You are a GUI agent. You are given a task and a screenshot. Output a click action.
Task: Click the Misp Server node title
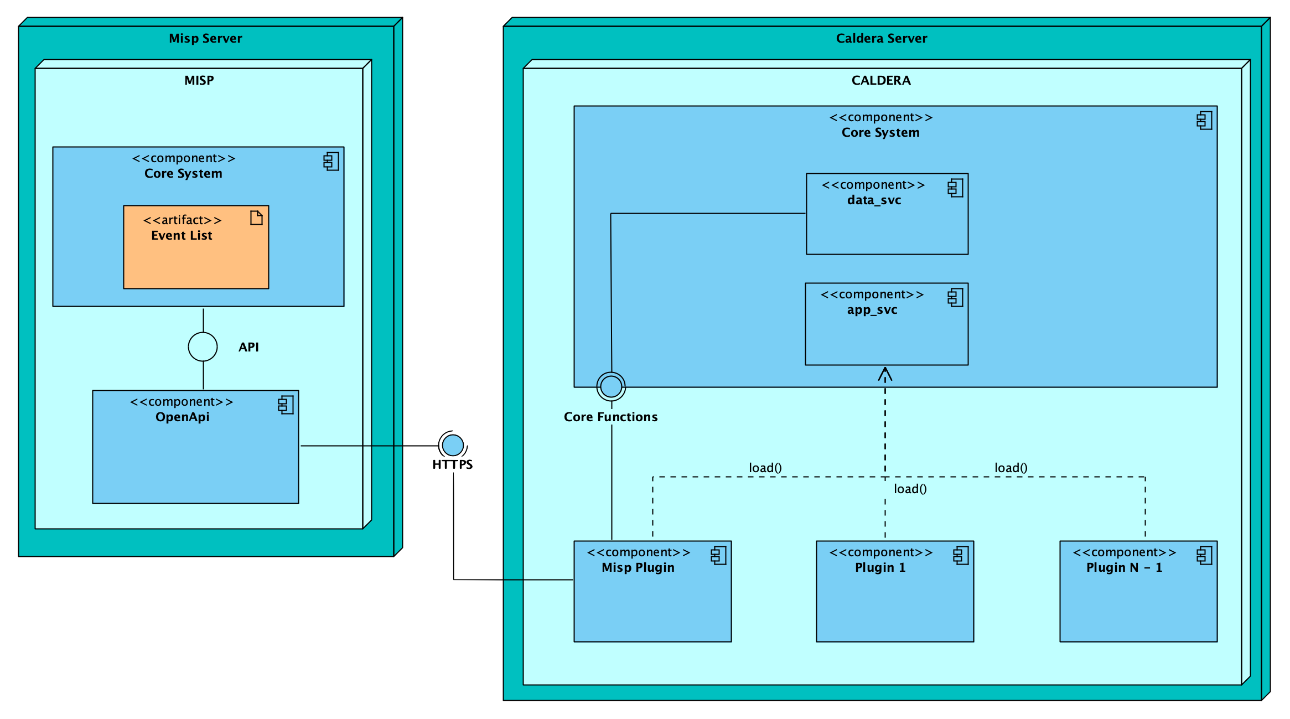pos(205,38)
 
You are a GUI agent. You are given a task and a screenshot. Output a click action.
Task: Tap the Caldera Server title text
pos(881,38)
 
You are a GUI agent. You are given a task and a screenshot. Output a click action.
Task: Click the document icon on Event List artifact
pos(256,218)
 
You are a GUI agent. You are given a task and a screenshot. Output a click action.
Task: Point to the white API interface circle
pos(203,347)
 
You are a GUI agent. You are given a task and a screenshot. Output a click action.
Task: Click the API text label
pos(248,347)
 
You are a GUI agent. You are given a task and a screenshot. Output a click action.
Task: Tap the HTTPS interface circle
pos(453,445)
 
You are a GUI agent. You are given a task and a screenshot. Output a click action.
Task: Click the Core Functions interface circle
pos(611,386)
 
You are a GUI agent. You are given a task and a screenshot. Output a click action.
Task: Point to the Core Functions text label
pos(610,417)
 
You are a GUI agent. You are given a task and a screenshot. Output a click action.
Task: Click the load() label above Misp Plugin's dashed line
pos(765,468)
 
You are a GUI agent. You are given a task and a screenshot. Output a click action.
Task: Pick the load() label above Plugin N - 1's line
pos(1011,468)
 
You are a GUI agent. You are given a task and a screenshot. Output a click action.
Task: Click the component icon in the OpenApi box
pos(286,405)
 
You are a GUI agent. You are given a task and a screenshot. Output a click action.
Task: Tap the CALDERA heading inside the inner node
pos(880,80)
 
